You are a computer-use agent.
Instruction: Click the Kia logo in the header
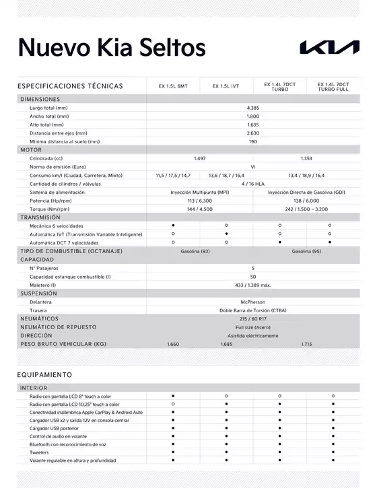[x=329, y=47]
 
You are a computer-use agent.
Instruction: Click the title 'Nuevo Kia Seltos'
[x=112, y=47]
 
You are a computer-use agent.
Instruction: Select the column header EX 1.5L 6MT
[x=173, y=86]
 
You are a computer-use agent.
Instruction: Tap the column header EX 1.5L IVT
[x=226, y=86]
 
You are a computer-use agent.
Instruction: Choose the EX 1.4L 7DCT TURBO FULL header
[x=333, y=86]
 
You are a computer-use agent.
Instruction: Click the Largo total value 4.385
[x=253, y=108]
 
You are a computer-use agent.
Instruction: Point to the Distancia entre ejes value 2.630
[x=253, y=133]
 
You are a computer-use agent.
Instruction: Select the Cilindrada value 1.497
[x=199, y=158]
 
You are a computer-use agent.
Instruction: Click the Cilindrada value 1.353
[x=306, y=158]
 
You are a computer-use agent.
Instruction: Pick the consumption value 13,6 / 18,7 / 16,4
[x=226, y=175]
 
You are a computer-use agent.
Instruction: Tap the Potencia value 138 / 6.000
[x=306, y=201]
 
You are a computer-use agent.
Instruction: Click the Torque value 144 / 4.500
[x=199, y=209]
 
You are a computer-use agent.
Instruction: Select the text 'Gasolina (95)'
[x=306, y=251]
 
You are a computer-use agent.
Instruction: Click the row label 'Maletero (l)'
[x=43, y=285]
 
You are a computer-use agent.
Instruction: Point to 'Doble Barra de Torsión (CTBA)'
[x=253, y=310]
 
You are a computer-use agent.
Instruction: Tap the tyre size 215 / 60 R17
[x=253, y=318]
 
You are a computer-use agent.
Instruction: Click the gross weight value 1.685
[x=226, y=344]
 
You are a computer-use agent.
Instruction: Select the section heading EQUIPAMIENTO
[x=44, y=374]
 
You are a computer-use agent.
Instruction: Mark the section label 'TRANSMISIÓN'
[x=40, y=217]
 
